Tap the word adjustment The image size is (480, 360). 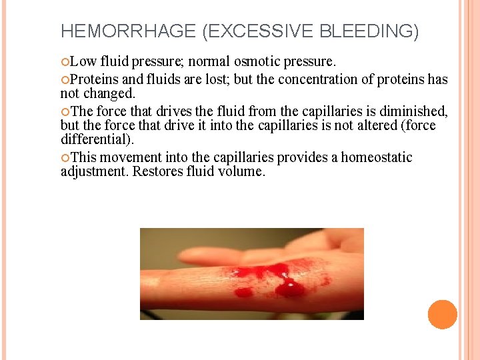point(94,171)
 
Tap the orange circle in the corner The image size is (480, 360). point(442,315)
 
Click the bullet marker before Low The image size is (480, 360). point(65,63)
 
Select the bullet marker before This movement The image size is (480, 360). point(65,158)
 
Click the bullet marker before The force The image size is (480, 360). point(65,111)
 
